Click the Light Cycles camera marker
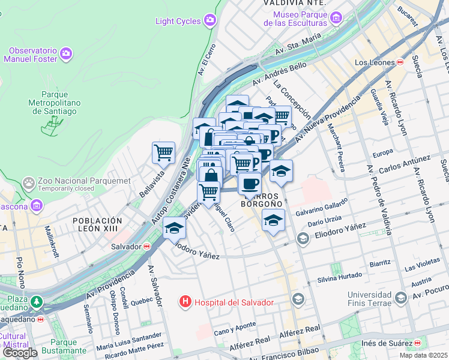point(209,21)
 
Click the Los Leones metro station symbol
point(400,62)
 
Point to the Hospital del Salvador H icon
point(186,302)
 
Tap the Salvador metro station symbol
point(146,246)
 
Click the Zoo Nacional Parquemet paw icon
point(28,181)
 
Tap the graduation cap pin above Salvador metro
point(175,227)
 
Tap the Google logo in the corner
point(20,353)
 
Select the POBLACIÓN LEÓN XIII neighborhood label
point(97,225)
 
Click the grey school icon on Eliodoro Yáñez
point(303,239)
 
